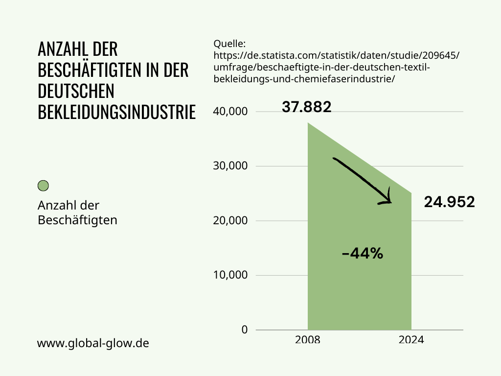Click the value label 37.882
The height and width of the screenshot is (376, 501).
pyautogui.click(x=307, y=107)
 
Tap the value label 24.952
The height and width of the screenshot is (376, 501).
pyautogui.click(x=449, y=202)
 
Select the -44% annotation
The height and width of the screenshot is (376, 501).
pyautogui.click(x=362, y=254)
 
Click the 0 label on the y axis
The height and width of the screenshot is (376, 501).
pyautogui.click(x=245, y=329)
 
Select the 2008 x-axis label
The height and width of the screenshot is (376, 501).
pyautogui.click(x=308, y=339)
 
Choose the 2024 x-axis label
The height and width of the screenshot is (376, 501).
pyautogui.click(x=411, y=339)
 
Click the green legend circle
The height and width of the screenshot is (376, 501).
pyautogui.click(x=43, y=186)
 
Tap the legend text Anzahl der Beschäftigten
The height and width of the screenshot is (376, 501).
pyautogui.click(x=77, y=212)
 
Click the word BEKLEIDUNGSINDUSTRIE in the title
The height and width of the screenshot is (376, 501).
pyautogui.click(x=116, y=112)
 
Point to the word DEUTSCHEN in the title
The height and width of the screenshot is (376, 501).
pyautogui.click(x=76, y=91)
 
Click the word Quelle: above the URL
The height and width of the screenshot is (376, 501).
pyautogui.click(x=229, y=44)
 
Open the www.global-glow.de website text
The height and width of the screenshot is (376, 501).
pyautogui.click(x=93, y=343)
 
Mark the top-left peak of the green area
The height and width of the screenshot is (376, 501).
pyautogui.click(x=308, y=123)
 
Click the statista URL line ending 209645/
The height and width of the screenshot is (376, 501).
pyautogui.click(x=337, y=55)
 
